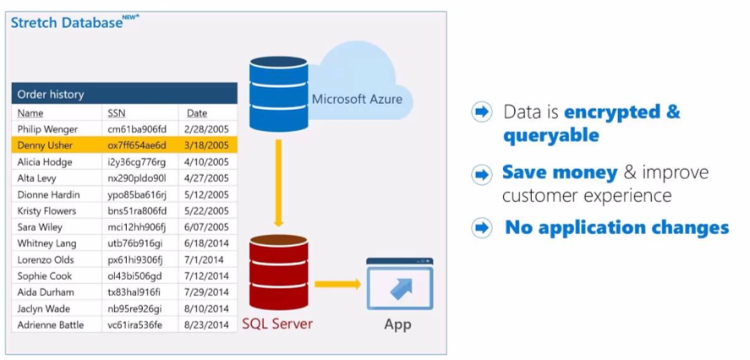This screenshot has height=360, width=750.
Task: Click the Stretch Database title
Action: (66, 23)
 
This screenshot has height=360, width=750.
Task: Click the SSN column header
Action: (117, 112)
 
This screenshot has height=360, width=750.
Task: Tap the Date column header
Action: (197, 112)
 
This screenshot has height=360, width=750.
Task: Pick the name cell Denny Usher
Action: (46, 145)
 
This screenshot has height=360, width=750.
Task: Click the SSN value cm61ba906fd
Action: (137, 129)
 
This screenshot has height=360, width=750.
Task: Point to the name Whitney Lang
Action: (47, 243)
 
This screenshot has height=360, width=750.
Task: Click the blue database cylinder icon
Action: (276, 93)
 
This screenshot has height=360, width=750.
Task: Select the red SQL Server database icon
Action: (276, 271)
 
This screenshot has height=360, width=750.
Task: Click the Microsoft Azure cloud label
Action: (357, 99)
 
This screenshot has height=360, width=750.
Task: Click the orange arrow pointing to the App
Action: (337, 284)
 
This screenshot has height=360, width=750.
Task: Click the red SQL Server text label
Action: (277, 324)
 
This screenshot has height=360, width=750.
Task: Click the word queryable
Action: (550, 135)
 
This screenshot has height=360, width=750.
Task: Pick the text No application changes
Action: (616, 227)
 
